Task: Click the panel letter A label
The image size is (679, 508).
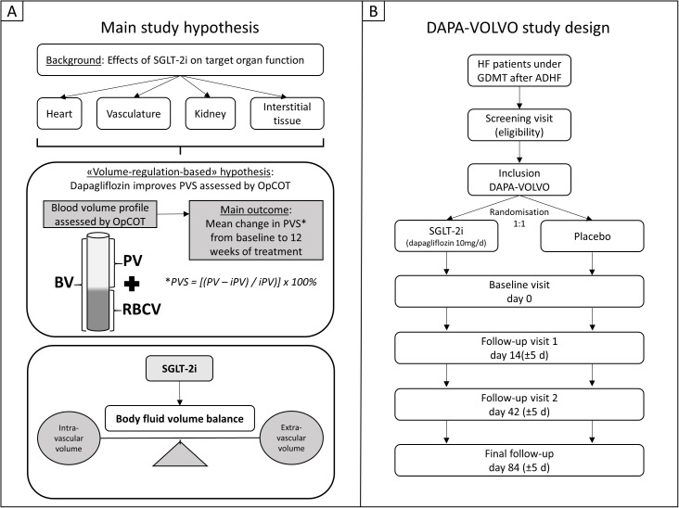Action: point(12,11)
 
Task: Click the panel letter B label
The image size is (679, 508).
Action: point(373,11)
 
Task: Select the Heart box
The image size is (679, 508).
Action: point(59,114)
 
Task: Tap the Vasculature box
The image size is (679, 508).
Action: point(134,114)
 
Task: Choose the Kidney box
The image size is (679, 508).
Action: point(211,114)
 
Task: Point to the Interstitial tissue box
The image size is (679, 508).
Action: point(288,114)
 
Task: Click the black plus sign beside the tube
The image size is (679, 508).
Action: point(132,284)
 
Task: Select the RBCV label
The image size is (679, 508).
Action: point(142,310)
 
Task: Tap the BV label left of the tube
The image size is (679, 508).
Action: point(64,284)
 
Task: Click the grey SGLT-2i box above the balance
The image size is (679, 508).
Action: point(179,369)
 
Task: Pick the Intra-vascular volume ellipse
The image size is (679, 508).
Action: point(70,438)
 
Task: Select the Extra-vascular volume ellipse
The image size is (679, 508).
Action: point(291,438)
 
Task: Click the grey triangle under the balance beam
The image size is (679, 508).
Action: point(180,454)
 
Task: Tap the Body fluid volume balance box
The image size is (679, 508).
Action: point(180,418)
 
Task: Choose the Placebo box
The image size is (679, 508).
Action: point(592,236)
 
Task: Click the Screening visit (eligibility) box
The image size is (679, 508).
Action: point(519,125)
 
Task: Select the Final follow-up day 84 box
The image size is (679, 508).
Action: point(519,461)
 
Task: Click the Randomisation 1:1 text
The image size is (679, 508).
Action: point(519,218)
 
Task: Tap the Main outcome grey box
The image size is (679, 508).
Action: point(256,230)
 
